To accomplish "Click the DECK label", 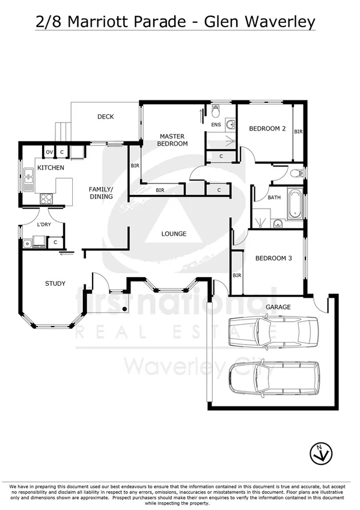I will (106, 117).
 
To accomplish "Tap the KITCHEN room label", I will (50, 168).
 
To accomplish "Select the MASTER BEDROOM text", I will (172, 140).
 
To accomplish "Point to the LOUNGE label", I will (174, 233).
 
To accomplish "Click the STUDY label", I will (55, 283).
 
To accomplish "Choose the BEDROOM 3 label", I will (273, 259).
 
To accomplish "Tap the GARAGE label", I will (278, 307).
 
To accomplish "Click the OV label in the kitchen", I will (49, 152).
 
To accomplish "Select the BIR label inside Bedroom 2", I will (297, 131).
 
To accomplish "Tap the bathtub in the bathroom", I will (294, 204).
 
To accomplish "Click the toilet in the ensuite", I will (216, 110).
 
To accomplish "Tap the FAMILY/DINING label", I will (100, 192).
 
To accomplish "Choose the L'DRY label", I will (43, 224).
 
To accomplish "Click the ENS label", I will (216, 125).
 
